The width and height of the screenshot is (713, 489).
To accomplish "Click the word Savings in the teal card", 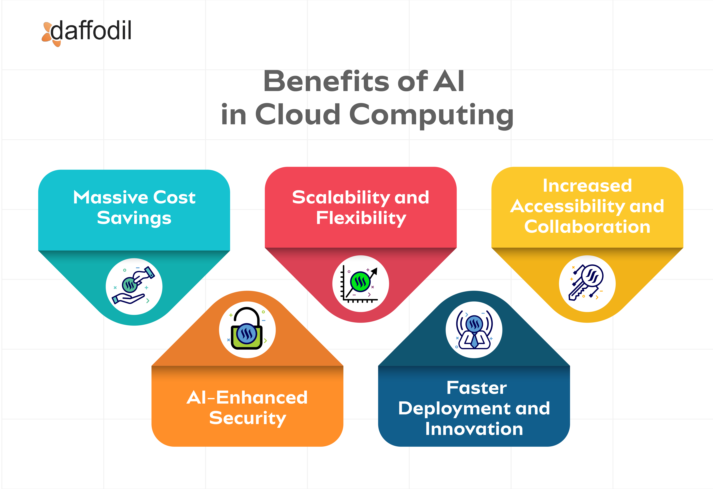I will pos(134,218).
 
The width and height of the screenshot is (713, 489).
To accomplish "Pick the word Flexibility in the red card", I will pos(361,218).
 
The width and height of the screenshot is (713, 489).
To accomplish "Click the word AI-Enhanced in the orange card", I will pos(247,398).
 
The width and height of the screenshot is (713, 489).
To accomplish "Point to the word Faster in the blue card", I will pos(476,388).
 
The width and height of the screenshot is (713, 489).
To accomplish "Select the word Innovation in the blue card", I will pos(474,429).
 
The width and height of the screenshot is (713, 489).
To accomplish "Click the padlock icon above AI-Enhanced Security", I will pos(247,330).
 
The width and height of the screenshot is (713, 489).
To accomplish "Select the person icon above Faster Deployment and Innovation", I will pos(474,330).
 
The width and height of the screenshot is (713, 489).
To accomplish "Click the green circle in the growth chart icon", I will pos(360,281).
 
